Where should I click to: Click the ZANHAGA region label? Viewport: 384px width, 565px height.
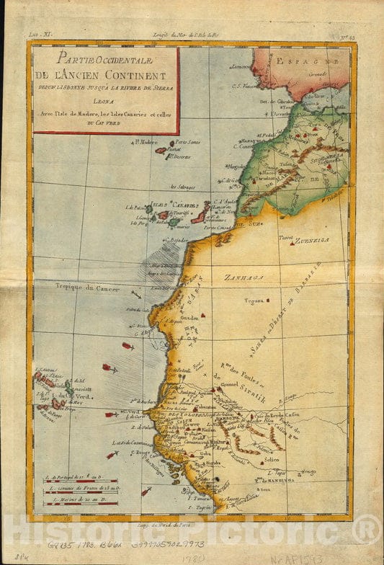tap(243, 277)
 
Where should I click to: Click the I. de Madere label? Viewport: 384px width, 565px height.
tap(145, 142)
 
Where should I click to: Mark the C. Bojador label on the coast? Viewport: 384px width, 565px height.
tap(176, 240)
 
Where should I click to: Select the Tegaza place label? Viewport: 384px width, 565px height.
tap(252, 301)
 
